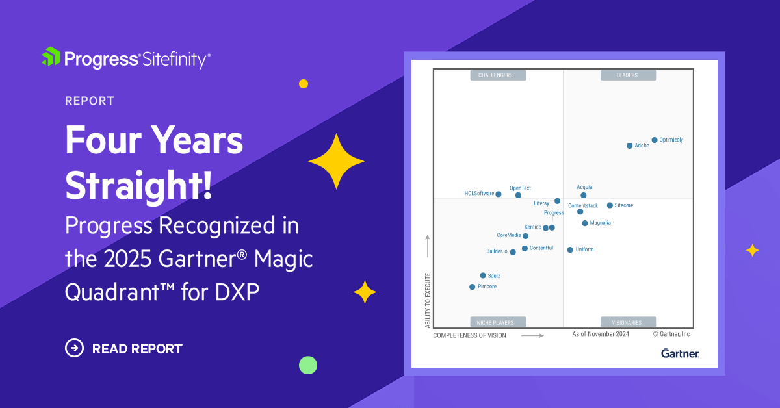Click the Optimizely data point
click(x=655, y=140)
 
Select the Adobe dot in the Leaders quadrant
click(x=629, y=146)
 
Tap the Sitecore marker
click(x=610, y=205)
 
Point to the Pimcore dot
click(x=473, y=287)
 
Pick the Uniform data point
click(x=570, y=249)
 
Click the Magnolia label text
click(x=600, y=223)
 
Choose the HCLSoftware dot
click(x=499, y=194)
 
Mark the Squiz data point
click(x=483, y=275)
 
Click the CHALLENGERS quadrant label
click(x=498, y=75)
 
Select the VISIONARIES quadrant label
click(x=629, y=322)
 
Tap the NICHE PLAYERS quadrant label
click(x=498, y=322)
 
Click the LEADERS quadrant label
click(x=629, y=75)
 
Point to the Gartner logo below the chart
click(x=680, y=353)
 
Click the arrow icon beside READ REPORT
click(x=75, y=348)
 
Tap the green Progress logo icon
click(x=51, y=57)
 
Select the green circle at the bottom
click(x=308, y=365)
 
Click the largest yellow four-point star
click(x=336, y=161)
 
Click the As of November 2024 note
click(x=601, y=334)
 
